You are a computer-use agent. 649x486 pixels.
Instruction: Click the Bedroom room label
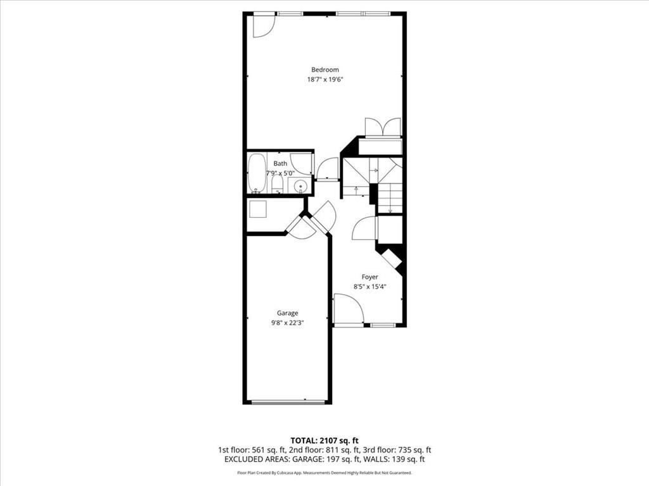[324, 70]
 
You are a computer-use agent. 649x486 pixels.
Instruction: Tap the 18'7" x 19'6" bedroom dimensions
[324, 80]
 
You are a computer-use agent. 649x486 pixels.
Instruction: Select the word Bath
[280, 164]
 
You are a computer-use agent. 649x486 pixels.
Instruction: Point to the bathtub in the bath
[257, 173]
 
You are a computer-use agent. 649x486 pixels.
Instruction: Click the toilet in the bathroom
[277, 184]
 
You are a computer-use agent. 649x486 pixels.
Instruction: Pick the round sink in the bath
[300, 186]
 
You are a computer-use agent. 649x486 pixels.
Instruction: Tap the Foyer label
[369, 277]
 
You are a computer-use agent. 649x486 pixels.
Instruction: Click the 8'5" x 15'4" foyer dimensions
[369, 287]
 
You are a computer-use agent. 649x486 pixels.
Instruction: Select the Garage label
[287, 313]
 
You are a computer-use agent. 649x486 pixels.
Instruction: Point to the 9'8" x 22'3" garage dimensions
[287, 323]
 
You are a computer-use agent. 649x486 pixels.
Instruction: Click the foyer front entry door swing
[347, 311]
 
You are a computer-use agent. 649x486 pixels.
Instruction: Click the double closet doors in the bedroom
[383, 127]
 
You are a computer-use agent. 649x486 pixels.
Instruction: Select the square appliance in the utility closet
[258, 209]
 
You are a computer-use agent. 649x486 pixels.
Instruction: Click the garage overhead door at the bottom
[287, 401]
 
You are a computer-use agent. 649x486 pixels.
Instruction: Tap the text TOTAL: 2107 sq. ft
[324, 440]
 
